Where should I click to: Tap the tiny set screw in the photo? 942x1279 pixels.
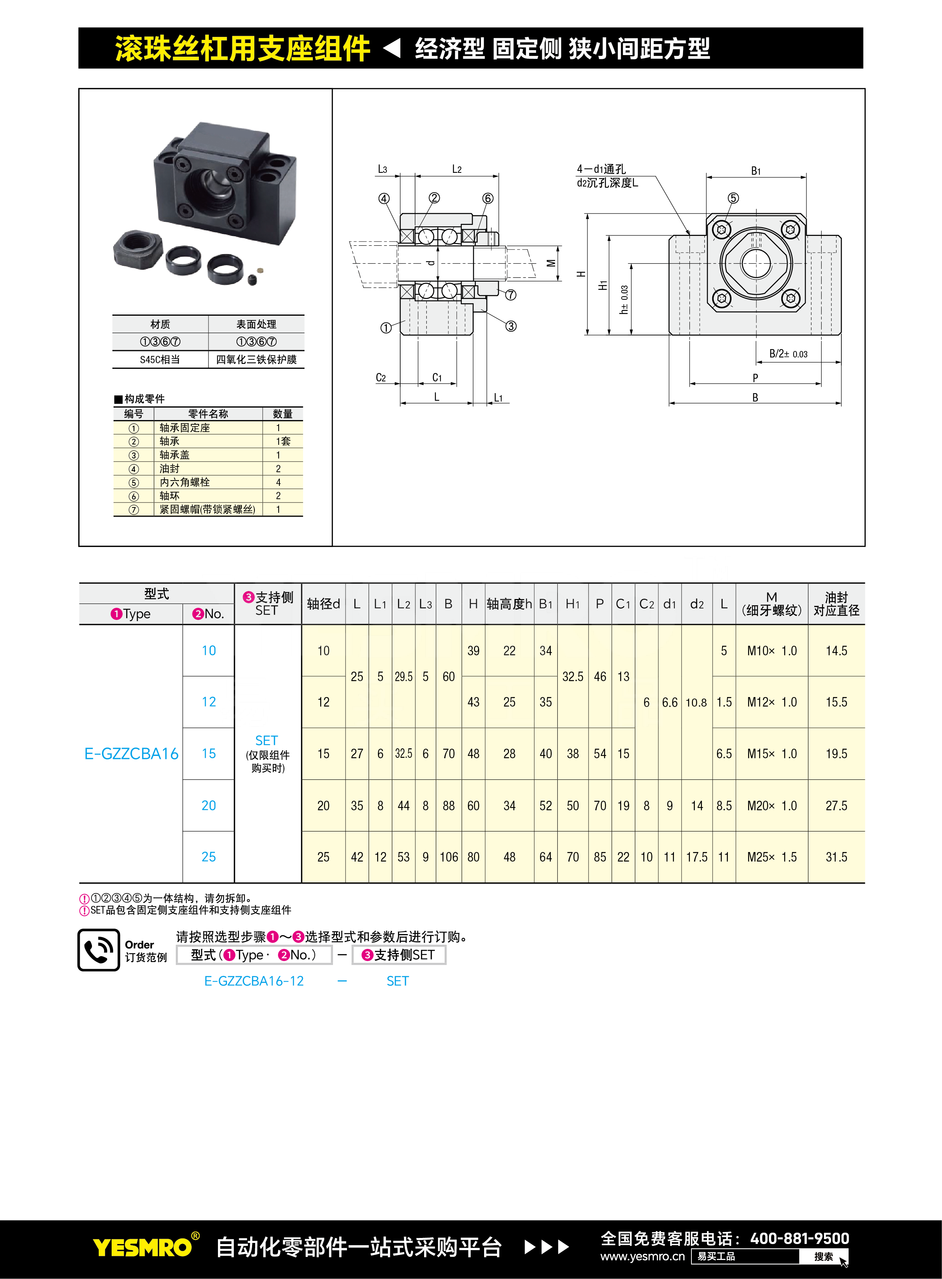[252, 279]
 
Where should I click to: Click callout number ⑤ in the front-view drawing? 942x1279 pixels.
[733, 198]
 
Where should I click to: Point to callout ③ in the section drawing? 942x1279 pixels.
[511, 326]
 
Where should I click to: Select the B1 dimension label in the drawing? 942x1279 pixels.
[756, 171]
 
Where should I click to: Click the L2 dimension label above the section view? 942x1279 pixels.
[457, 169]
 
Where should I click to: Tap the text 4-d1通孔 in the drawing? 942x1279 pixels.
[601, 169]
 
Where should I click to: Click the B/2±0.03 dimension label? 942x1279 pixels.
[789, 354]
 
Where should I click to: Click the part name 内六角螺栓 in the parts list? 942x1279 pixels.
[185, 482]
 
